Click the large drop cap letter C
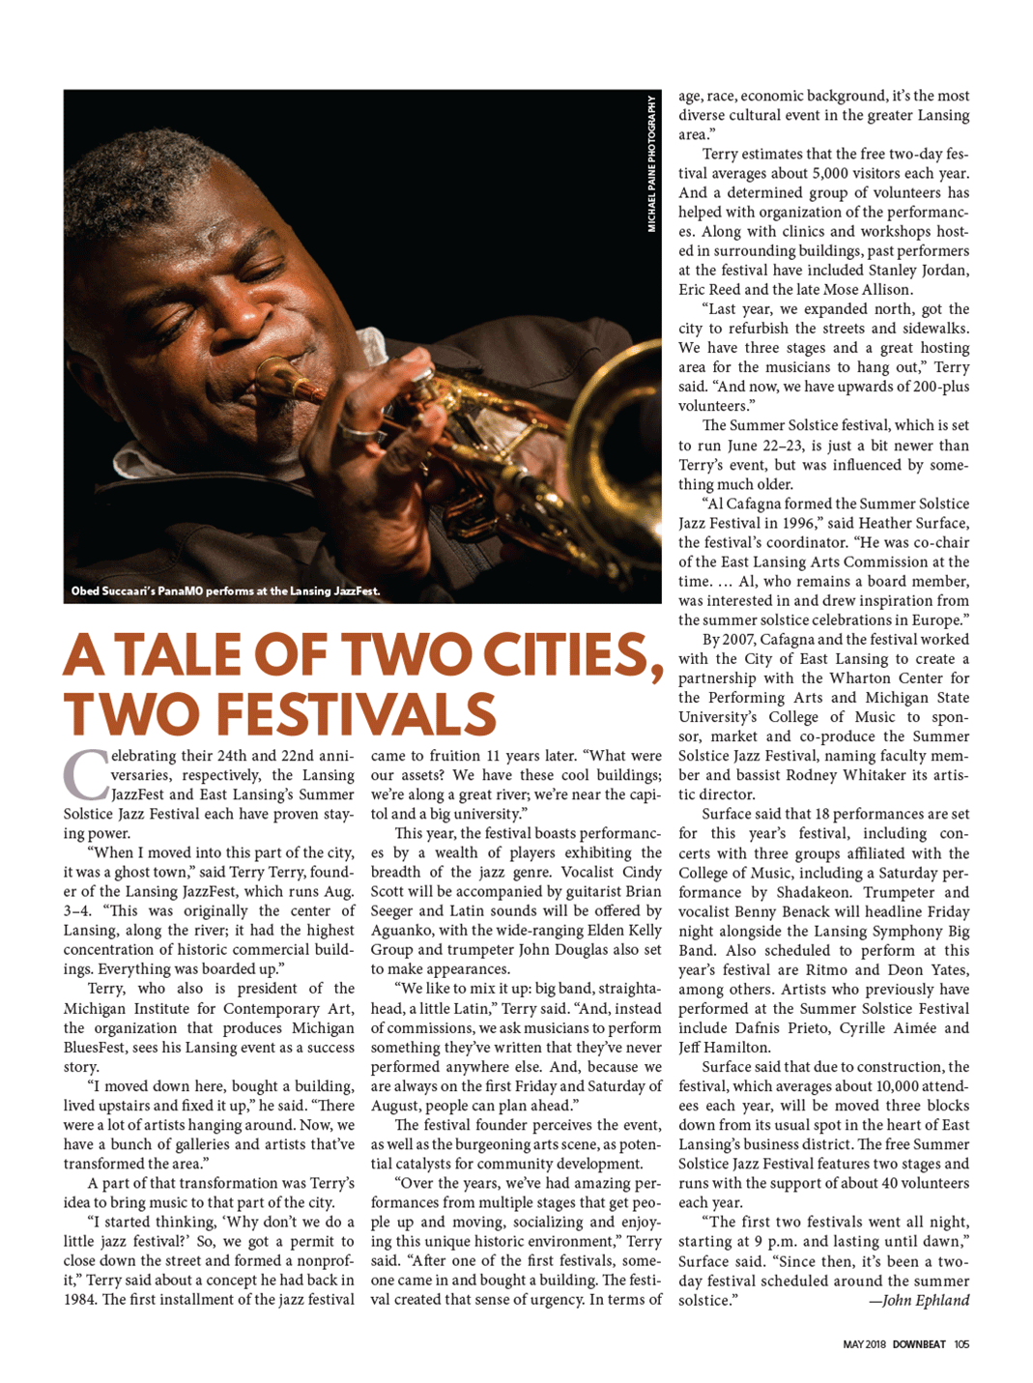coord(84,775)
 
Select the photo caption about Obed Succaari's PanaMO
coord(225,591)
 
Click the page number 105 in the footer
coord(961,1344)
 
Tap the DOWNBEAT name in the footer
coord(918,1344)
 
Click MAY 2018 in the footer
coord(864,1344)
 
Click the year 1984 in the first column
coord(81,1299)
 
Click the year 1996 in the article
coord(793,523)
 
